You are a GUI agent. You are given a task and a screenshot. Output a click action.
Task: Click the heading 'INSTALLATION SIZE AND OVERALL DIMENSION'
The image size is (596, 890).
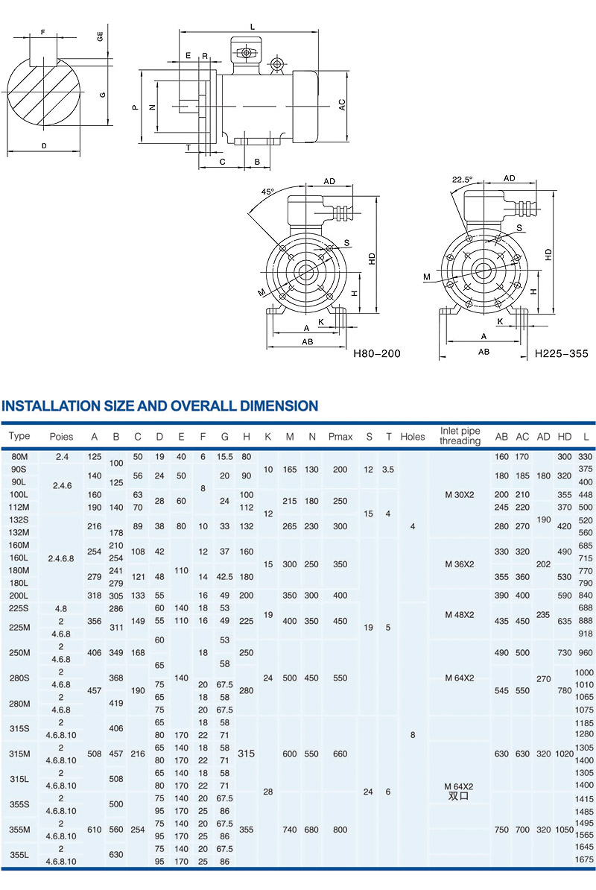point(159,406)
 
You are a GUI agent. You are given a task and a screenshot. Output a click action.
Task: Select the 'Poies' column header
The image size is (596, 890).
point(61,436)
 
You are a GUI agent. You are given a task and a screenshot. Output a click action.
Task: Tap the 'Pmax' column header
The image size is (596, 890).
point(340,436)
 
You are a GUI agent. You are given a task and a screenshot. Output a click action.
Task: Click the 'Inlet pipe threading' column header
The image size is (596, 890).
point(460,436)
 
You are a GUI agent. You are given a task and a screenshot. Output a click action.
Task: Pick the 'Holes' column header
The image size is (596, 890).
point(412,436)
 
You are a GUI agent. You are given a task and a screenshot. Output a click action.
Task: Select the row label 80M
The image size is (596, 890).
point(19,456)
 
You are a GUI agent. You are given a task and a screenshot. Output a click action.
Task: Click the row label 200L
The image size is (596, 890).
point(19,596)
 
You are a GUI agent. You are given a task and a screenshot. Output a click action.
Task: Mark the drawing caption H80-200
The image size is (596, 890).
point(376,353)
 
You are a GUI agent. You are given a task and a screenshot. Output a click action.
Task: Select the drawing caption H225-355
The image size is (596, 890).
point(561,353)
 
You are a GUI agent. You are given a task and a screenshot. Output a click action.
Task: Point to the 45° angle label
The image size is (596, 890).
point(267,192)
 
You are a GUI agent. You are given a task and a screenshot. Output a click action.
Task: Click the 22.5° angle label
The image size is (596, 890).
point(462,180)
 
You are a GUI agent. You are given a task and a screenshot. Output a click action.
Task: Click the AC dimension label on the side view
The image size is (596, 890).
point(342,104)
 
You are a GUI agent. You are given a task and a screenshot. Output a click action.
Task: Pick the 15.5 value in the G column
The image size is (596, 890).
point(224,456)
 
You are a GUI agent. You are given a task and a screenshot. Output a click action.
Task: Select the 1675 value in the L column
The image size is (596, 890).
point(585,861)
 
